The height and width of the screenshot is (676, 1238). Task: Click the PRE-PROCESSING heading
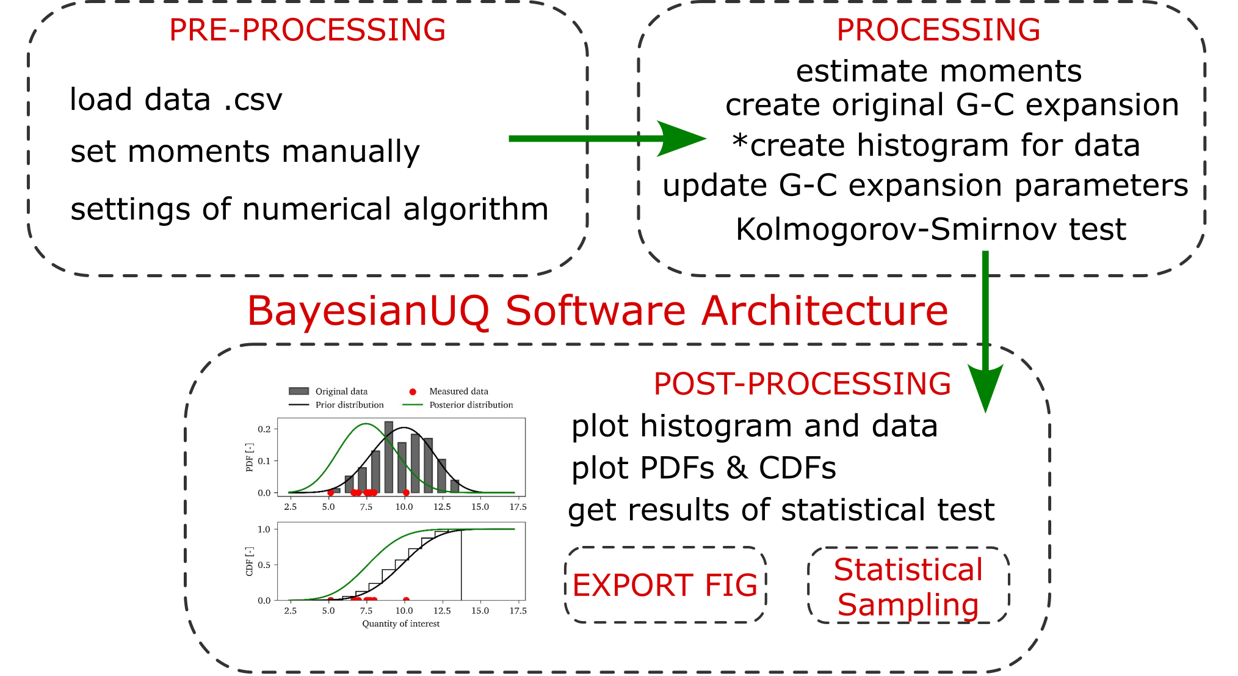[307, 30]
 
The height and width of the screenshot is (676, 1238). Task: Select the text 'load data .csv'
[176, 100]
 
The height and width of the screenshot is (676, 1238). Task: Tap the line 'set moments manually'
[245, 152]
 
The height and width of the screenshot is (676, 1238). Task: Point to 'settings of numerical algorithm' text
[309, 209]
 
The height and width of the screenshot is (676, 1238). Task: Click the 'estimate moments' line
[939, 71]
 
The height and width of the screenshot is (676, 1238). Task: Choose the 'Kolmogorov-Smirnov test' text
[931, 230]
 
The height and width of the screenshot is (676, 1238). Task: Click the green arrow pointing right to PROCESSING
[607, 139]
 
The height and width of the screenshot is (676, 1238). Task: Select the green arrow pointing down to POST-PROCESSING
[985, 332]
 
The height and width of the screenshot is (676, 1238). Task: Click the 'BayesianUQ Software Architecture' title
[598, 311]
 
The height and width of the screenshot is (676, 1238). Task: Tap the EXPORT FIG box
[665, 585]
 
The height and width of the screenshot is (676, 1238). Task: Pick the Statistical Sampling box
[908, 586]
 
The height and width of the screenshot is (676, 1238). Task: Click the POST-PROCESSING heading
[802, 384]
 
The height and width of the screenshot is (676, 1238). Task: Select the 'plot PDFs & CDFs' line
[703, 468]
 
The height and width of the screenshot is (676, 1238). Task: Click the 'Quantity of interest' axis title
[401, 623]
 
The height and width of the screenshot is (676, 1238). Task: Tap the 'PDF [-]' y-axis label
[249, 457]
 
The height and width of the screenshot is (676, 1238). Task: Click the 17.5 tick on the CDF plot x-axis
[518, 611]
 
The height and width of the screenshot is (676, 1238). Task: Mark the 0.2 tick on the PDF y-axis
[264, 429]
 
